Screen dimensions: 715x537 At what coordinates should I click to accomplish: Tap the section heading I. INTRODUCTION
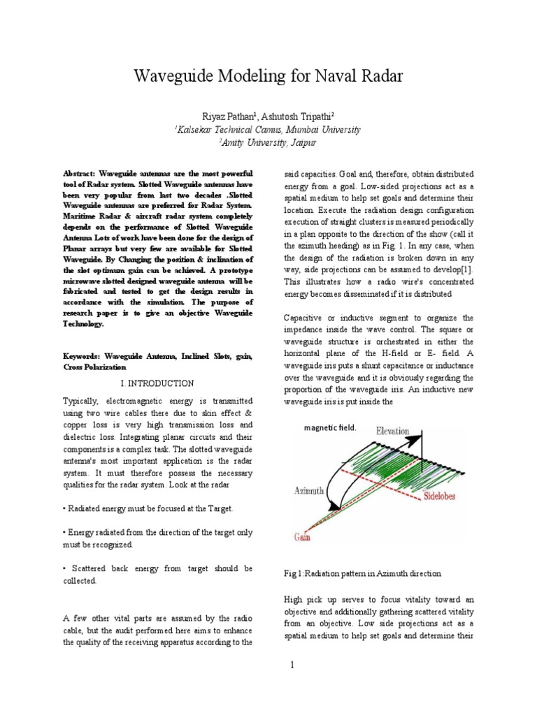pos(157,383)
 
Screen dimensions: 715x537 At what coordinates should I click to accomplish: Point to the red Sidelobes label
pos(444,500)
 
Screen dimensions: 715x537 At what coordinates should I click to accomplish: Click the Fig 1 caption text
pos(362,573)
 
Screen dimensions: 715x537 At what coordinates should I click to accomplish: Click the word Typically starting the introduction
pos(83,403)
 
